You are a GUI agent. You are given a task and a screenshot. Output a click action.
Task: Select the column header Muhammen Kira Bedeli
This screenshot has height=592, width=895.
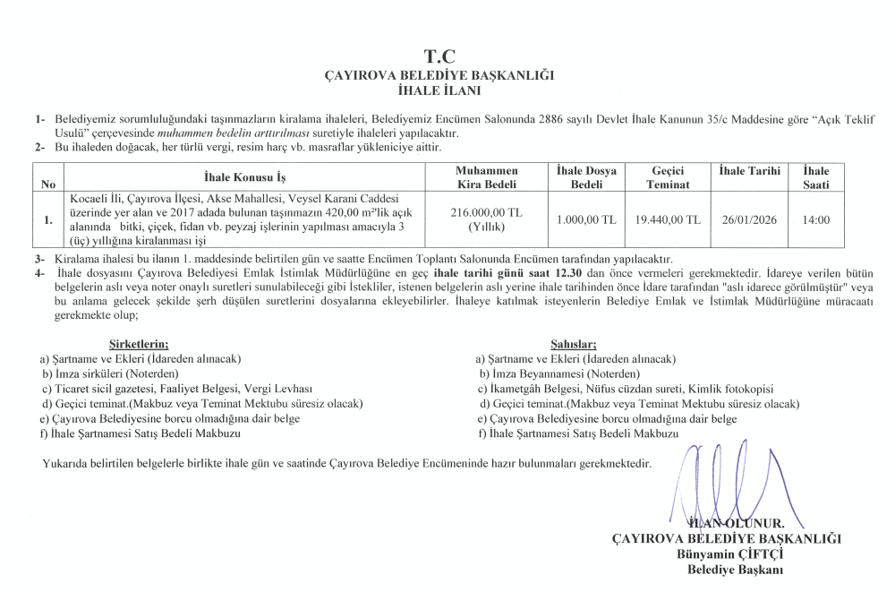487,176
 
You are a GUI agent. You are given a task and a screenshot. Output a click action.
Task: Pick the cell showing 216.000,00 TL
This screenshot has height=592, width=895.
487,212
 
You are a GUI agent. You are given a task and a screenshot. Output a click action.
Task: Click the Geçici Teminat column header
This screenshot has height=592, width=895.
669,176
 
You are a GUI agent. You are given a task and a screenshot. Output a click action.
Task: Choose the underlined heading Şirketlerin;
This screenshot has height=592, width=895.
138,344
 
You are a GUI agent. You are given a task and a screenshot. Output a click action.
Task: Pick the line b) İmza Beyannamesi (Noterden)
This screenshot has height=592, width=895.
559,373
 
